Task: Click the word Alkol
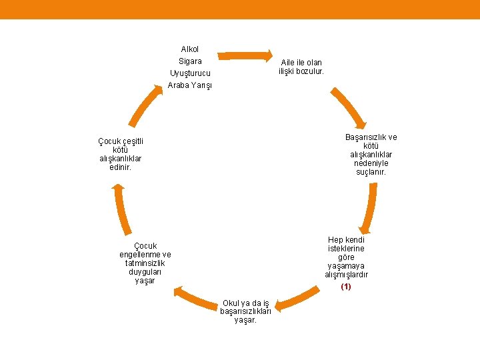(x=190, y=49)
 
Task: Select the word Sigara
(x=190, y=61)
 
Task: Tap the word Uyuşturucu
(x=190, y=73)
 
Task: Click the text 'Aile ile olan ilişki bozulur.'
(x=301, y=67)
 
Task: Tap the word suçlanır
(x=371, y=172)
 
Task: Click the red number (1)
(x=345, y=287)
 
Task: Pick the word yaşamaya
(x=346, y=265)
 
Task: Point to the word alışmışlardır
(x=346, y=274)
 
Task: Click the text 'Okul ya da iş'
(x=246, y=303)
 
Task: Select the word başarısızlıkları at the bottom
(x=246, y=311)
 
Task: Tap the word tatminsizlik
(x=145, y=263)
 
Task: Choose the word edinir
(x=121, y=167)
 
